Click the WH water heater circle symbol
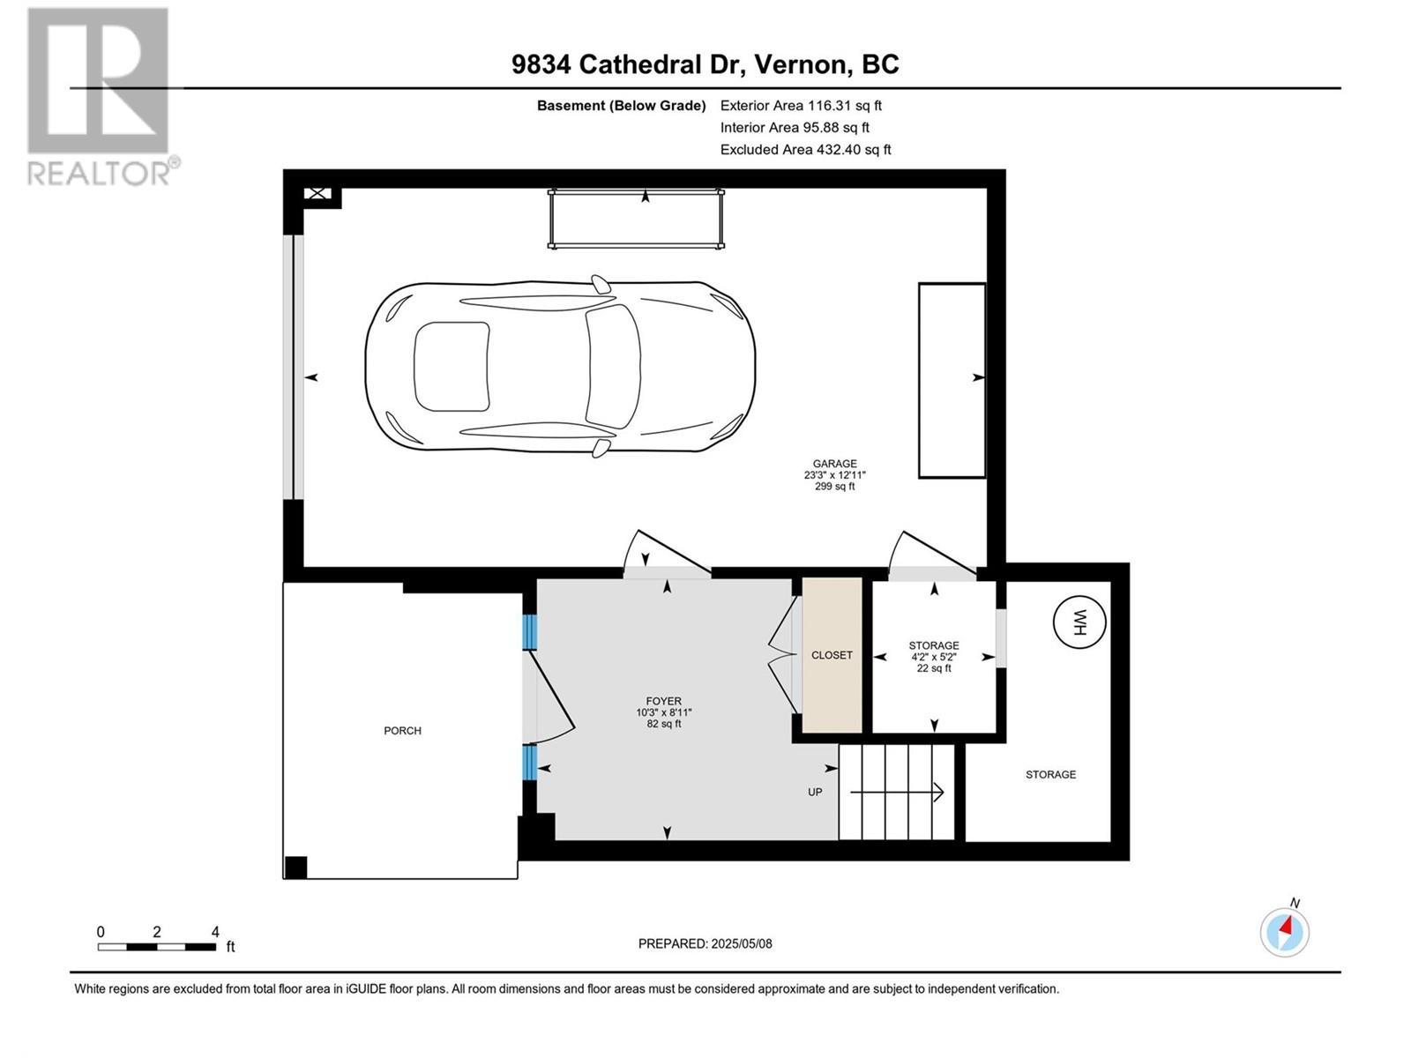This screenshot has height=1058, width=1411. tap(1079, 623)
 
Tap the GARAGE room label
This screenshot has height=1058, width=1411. tap(834, 464)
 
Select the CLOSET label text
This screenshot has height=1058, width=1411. tap(832, 655)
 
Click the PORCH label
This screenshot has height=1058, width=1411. tap(402, 731)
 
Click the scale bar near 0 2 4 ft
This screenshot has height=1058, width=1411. tap(157, 947)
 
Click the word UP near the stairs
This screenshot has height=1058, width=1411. tap(815, 793)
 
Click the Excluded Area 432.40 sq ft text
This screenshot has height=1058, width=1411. tap(805, 150)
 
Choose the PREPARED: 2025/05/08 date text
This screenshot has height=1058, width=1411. tap(705, 943)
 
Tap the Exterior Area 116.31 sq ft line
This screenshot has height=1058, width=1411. tap(801, 106)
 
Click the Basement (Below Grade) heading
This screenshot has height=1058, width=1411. tap(621, 106)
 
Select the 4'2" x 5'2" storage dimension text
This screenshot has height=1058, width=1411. tap(934, 657)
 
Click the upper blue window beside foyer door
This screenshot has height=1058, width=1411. tap(530, 632)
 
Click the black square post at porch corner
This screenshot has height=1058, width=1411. tap(295, 867)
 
